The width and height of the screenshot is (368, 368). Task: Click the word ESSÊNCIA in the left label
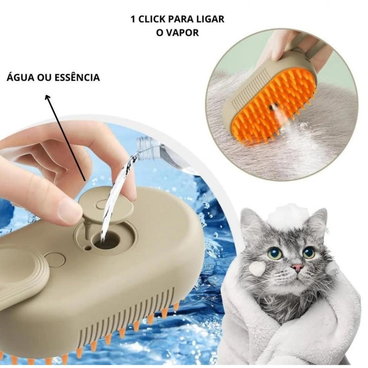(x=76, y=77)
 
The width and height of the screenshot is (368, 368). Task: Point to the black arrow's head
(x=46, y=98)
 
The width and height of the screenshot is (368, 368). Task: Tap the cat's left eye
(x=275, y=253)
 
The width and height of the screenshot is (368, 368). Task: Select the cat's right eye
(x=309, y=252)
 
